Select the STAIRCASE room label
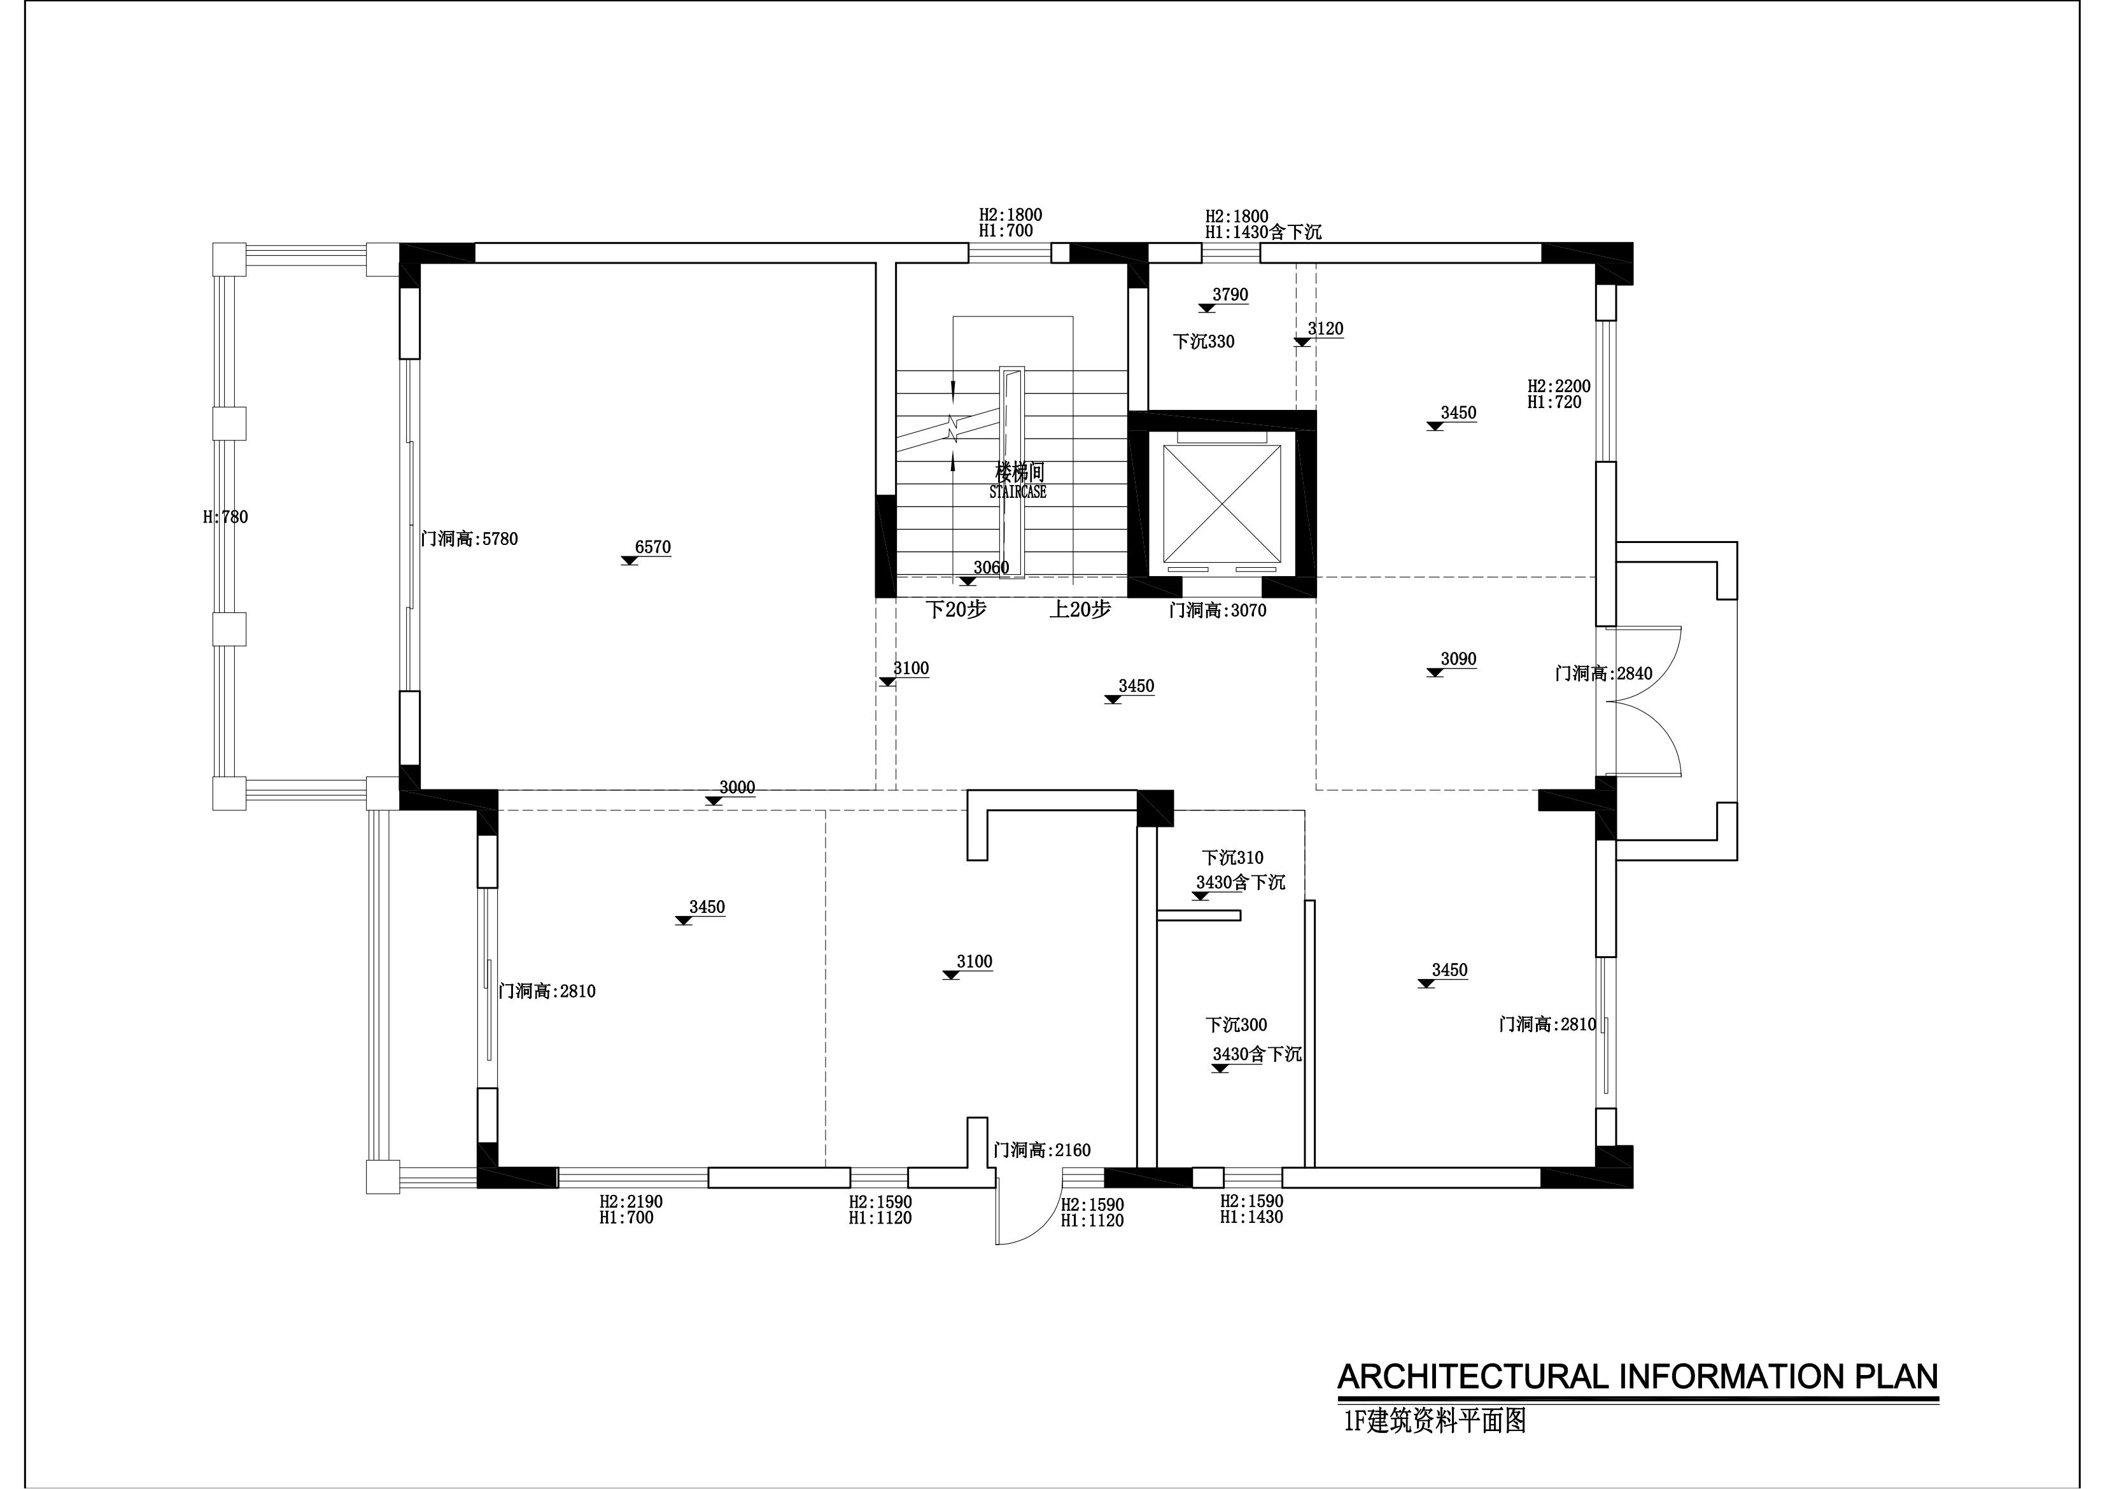(x=1018, y=492)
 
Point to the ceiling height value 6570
(x=653, y=547)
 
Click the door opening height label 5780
(x=469, y=539)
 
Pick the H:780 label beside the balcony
(x=225, y=517)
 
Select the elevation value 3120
(x=1326, y=328)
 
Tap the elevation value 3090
(x=1459, y=660)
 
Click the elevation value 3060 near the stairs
(x=991, y=568)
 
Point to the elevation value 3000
(x=737, y=787)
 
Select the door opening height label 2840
(x=1603, y=674)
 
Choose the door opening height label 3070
(x=1218, y=610)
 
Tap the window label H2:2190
(x=631, y=1202)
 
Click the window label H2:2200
(x=1559, y=386)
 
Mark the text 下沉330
(x=1204, y=342)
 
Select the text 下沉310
(x=1233, y=858)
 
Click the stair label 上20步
(x=1080, y=610)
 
